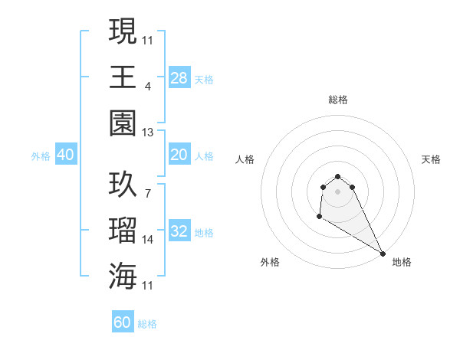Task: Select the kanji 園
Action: (123, 123)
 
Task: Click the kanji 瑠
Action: (123, 231)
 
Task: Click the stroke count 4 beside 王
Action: (148, 87)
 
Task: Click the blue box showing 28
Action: (179, 77)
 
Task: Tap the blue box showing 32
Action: (179, 232)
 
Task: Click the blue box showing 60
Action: (123, 322)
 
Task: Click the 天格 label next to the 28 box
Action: (204, 79)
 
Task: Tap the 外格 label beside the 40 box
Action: (41, 156)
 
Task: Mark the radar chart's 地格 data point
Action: (383, 254)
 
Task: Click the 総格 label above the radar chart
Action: (338, 100)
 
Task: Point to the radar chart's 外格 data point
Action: (319, 217)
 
